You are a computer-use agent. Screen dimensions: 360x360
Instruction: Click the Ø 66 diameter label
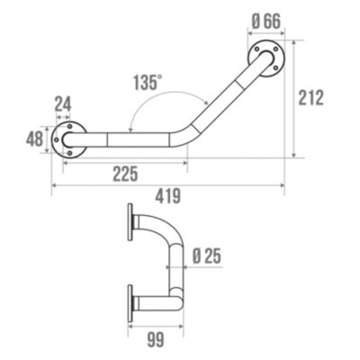click(x=265, y=22)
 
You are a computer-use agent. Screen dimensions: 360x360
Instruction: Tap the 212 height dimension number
click(x=311, y=97)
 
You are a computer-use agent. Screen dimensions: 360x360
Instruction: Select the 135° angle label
click(x=148, y=82)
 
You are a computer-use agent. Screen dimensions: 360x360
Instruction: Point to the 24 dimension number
click(x=63, y=104)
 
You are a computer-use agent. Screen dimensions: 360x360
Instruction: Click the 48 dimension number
click(x=34, y=139)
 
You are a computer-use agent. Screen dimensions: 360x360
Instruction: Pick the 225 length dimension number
click(x=125, y=174)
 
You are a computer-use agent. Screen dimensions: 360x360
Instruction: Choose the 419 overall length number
click(x=168, y=196)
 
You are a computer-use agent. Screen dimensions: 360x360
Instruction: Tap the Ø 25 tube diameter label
click(x=207, y=256)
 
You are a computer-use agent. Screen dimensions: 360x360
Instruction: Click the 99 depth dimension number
click(x=156, y=340)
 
